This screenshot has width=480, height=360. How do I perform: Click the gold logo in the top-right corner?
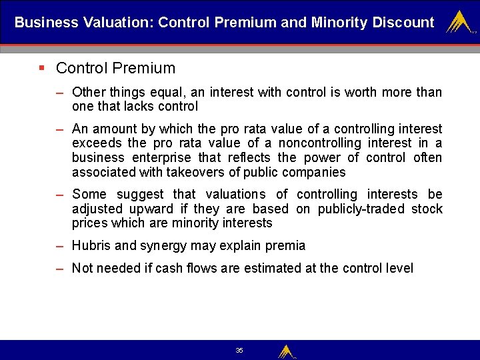459,22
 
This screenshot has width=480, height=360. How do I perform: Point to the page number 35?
239,350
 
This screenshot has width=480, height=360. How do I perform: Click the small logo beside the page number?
287,351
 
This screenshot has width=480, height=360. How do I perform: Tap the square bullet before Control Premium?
42,67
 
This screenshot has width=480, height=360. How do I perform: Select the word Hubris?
91,245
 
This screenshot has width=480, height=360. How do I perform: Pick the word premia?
286,245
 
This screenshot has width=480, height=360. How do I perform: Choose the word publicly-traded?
360,209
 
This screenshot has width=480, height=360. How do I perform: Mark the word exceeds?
96,143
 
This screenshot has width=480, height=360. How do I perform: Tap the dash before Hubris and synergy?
60,245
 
